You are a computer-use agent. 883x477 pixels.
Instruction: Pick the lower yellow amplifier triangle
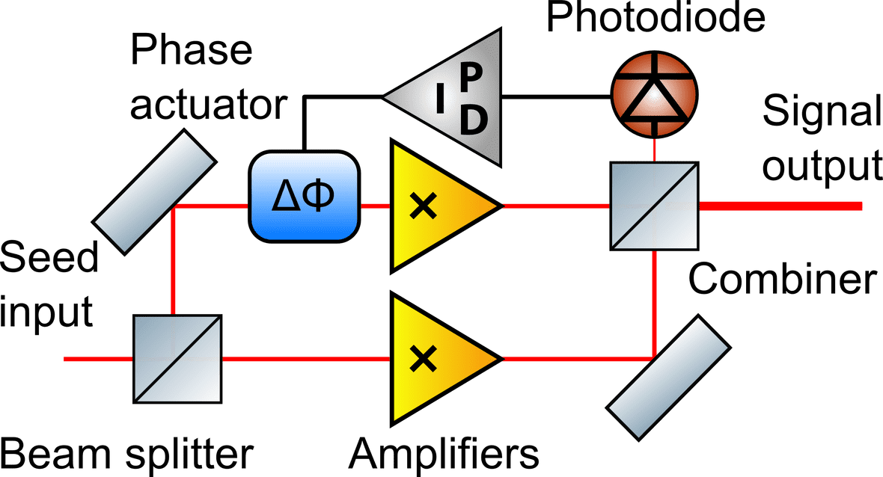(434, 359)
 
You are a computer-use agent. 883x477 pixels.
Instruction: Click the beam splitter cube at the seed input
(177, 359)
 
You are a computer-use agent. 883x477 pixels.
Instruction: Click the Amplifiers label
(443, 452)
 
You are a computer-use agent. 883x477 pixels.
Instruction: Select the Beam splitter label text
(127, 452)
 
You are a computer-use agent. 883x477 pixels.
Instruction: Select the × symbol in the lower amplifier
(424, 360)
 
